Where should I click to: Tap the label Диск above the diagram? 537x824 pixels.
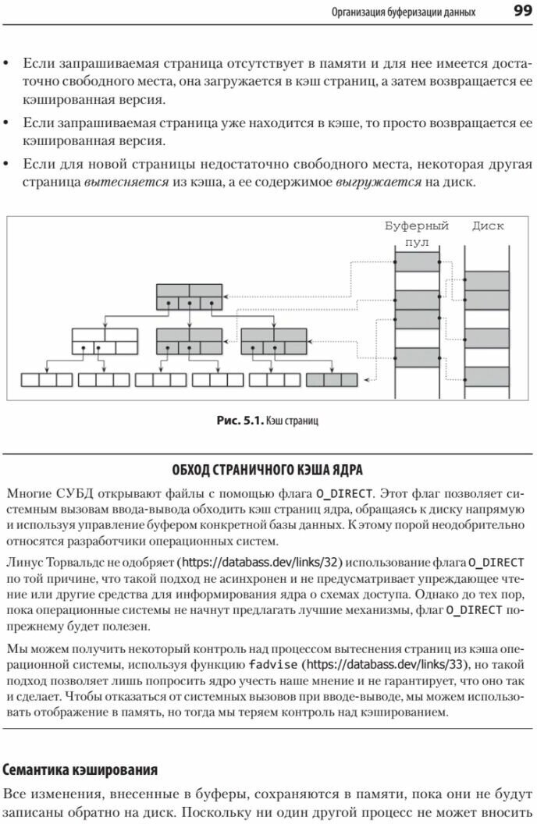[488, 226]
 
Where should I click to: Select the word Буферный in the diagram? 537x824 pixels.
[417, 226]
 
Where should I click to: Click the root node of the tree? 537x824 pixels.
[189, 296]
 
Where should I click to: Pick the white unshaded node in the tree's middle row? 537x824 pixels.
[104, 341]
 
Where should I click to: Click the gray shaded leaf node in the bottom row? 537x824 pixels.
[332, 380]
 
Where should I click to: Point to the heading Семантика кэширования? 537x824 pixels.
[80, 769]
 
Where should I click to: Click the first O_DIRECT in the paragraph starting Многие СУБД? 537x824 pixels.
[345, 494]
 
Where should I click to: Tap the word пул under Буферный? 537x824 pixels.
[418, 242]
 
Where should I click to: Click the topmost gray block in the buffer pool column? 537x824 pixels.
[418, 261]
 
